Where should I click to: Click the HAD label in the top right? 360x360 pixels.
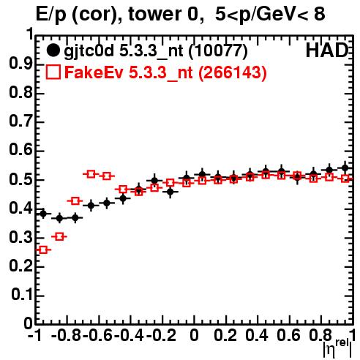tap(327, 50)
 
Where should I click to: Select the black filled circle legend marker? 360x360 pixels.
tap(53, 50)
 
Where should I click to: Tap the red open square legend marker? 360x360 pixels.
tap(53, 72)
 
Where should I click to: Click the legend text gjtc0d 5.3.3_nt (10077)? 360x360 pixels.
tap(156, 51)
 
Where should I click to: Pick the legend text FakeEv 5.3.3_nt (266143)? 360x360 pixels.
tap(165, 72)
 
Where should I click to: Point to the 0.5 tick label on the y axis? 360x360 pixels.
tap(21, 179)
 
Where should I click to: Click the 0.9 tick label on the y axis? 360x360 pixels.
tap(21, 64)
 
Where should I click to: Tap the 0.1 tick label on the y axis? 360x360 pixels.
tap(22, 295)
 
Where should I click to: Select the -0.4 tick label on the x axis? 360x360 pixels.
tap(129, 335)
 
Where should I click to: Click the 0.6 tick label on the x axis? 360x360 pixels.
tap(288, 335)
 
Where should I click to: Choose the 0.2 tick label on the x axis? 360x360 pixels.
tap(225, 335)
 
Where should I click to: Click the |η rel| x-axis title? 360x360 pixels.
tap(337, 348)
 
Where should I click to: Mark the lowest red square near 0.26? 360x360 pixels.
tap(43, 250)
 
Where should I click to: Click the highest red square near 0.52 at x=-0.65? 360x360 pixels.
tap(91, 174)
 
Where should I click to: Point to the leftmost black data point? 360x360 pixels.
tap(43, 214)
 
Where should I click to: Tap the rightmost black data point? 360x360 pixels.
tap(345, 168)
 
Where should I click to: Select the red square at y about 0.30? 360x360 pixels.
tap(59, 236)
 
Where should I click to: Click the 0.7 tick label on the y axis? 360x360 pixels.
tap(21, 121)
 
